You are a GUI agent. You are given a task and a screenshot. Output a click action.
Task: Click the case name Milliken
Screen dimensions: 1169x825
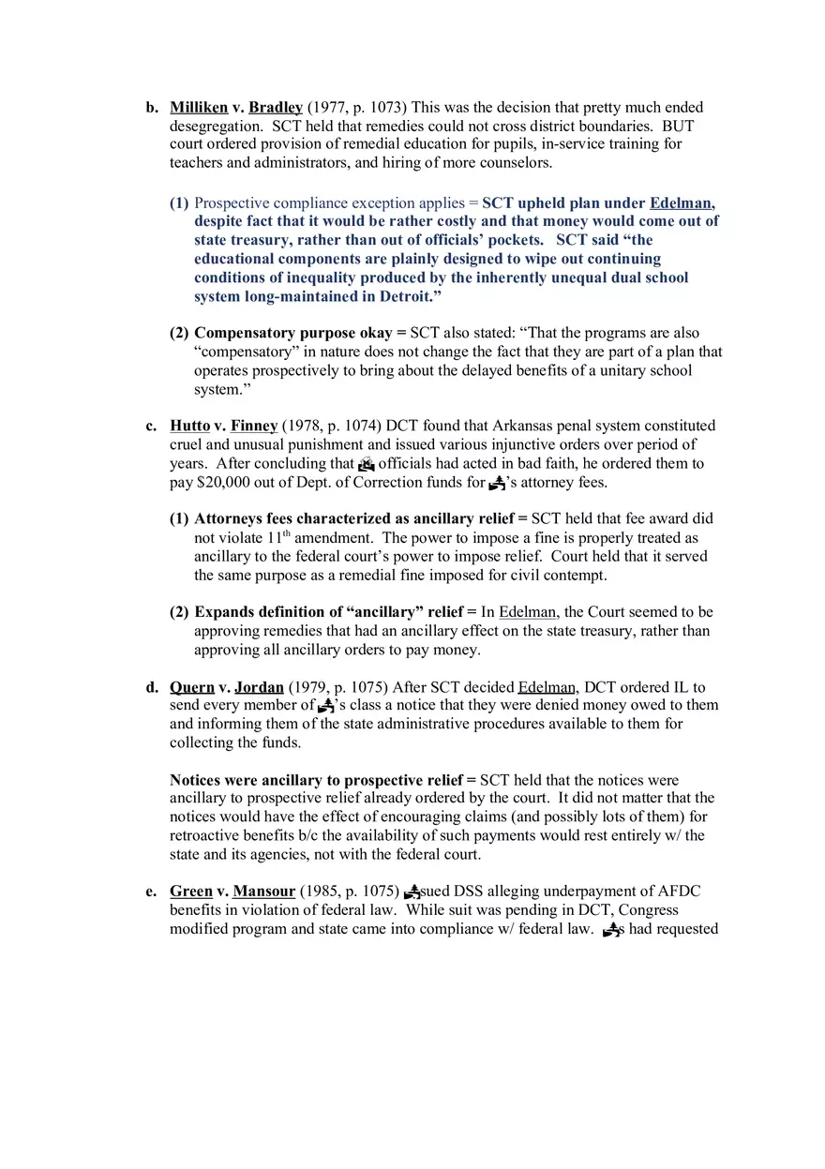pos(199,108)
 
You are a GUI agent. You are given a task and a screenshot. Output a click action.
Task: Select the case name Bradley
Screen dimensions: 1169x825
pos(276,108)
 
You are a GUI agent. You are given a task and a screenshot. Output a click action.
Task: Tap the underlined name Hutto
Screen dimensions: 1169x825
pos(189,427)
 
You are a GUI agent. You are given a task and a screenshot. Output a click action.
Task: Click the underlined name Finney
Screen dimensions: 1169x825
pos(254,427)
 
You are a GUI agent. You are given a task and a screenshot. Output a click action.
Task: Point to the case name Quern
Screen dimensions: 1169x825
pos(192,687)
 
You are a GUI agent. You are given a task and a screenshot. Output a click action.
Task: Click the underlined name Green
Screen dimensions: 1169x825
pos(191,892)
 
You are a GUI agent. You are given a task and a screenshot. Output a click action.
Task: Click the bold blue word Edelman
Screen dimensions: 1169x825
pos(682,203)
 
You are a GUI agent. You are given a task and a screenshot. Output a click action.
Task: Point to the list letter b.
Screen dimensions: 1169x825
pos(151,108)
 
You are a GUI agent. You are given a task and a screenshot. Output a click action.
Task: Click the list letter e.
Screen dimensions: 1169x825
pos(151,892)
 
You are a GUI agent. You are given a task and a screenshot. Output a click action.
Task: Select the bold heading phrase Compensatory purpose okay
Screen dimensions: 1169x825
pos(293,334)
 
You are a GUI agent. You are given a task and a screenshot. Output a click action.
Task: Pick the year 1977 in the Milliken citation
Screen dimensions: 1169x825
pos(329,108)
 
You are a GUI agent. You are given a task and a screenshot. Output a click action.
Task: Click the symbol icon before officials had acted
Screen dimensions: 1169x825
pos(367,464)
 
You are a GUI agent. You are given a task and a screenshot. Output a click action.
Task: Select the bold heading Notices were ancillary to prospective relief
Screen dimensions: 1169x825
pos(317,780)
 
